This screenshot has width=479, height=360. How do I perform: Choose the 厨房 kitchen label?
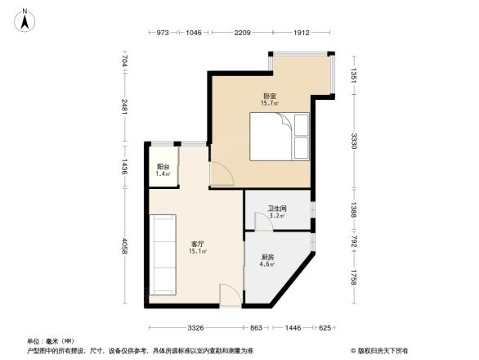click(x=266, y=259)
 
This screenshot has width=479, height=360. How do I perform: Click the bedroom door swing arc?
click(x=221, y=173)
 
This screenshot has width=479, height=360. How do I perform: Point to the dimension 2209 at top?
click(x=242, y=33)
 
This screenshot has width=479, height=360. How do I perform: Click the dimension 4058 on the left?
click(x=124, y=245)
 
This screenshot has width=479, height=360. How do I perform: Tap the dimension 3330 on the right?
click(x=353, y=142)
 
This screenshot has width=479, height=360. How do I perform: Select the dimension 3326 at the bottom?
click(x=195, y=328)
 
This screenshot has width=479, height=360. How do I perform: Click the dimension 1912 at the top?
click(x=302, y=33)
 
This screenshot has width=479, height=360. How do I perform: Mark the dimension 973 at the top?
click(x=162, y=33)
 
